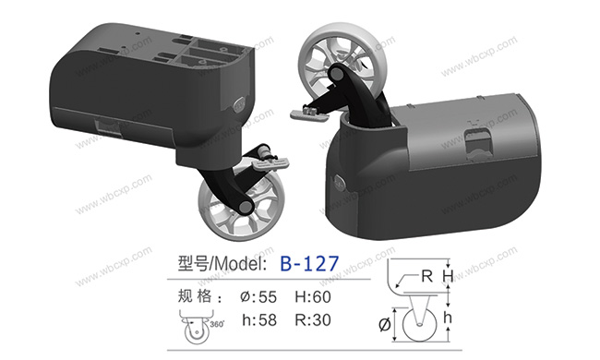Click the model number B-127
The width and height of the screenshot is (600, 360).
click(309, 264)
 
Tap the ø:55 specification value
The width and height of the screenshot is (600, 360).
click(258, 297)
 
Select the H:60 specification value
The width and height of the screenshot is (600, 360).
click(313, 297)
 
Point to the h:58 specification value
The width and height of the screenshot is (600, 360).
click(259, 319)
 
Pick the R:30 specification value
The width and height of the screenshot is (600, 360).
click(313, 319)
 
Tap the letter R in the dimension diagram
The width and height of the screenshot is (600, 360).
click(426, 275)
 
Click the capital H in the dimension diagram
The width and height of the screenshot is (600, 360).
click(448, 276)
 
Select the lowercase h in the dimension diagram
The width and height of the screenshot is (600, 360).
click(448, 318)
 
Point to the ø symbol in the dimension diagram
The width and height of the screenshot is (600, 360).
click(385, 324)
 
